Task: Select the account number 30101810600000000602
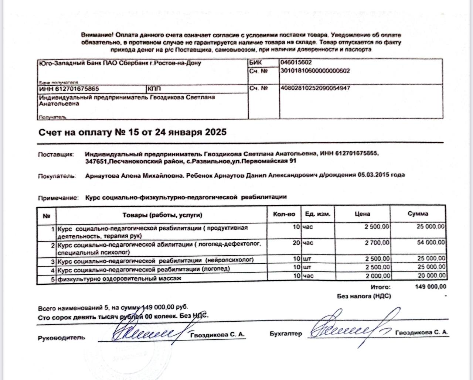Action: coord(315,71)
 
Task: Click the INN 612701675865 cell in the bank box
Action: coord(69,89)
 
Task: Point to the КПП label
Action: coord(154,89)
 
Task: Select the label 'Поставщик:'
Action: coord(56,154)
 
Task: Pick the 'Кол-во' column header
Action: coord(284,214)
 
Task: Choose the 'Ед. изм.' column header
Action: coord(318,214)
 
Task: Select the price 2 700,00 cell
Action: coord(377,243)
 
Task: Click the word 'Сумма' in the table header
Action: coord(418,214)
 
